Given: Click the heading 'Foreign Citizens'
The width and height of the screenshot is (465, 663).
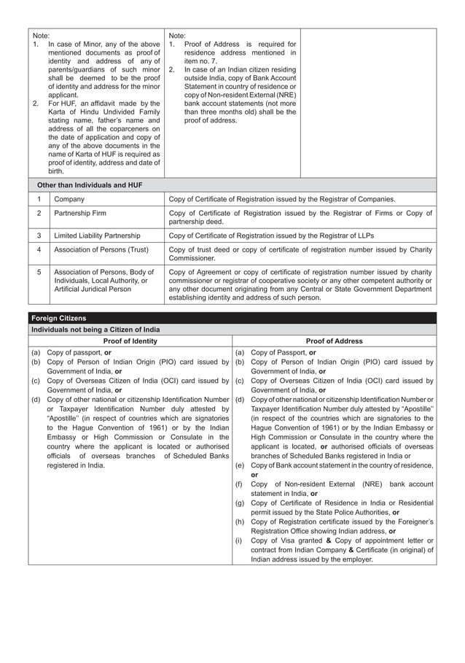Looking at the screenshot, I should [x=58, y=318].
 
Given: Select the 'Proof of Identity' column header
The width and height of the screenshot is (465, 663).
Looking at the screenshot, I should [x=130, y=341].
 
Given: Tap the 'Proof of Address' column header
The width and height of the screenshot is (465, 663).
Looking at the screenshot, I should [x=335, y=341].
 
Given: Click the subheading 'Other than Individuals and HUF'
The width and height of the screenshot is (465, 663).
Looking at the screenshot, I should [x=90, y=185].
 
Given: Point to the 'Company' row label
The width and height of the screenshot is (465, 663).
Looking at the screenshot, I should [x=69, y=199].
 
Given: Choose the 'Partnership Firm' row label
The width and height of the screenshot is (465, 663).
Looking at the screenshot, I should [x=82, y=213].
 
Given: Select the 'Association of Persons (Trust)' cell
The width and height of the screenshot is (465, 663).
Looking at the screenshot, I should [x=101, y=249].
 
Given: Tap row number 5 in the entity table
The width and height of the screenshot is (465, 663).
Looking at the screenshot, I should [x=39, y=272].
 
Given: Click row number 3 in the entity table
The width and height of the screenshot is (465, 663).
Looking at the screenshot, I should [x=39, y=236].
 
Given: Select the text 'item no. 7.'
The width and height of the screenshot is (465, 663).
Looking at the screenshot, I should [x=204, y=61].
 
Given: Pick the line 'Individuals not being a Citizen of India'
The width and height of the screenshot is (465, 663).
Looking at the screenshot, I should [x=95, y=330].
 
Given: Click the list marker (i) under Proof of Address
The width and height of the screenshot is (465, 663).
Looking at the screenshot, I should [x=238, y=540].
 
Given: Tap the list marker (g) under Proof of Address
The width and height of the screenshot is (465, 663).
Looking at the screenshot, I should [x=239, y=503].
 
